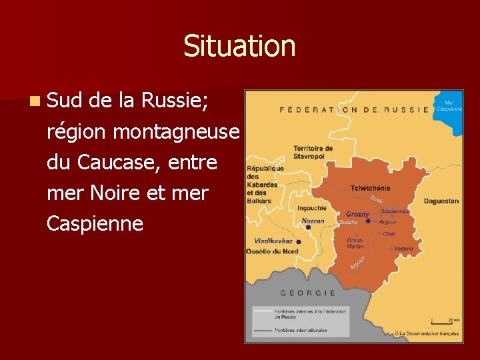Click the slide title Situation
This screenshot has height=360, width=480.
[x=239, y=46]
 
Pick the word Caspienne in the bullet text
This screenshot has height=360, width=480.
[x=95, y=223]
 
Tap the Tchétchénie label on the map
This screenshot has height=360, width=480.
[x=370, y=188]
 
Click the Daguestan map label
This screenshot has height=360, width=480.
[x=441, y=201]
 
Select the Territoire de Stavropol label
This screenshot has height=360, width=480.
[x=313, y=152]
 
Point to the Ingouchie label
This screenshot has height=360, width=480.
[x=312, y=208]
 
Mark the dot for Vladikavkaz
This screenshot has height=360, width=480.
[x=299, y=242]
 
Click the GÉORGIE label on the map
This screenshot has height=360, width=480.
[x=308, y=293]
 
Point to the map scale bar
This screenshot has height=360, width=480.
[x=441, y=321]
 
